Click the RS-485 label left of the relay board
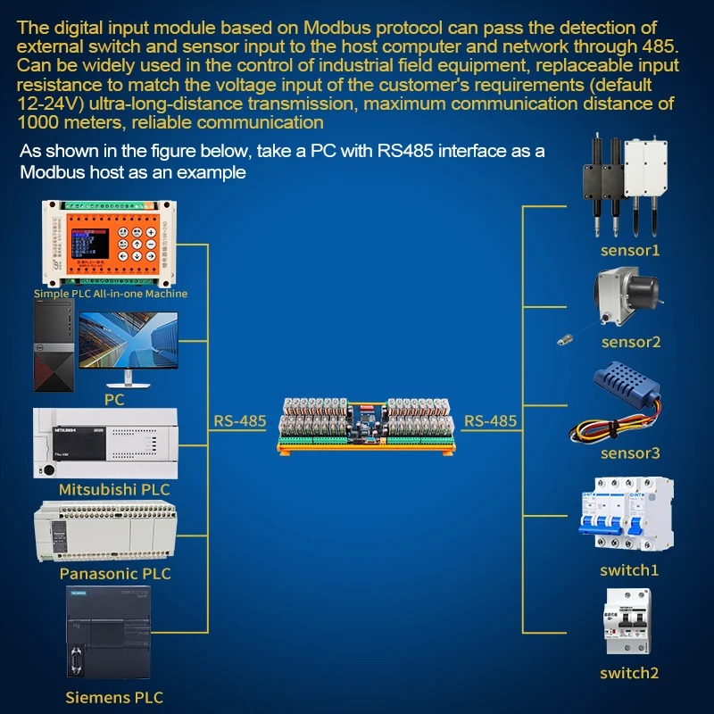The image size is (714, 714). click(240, 420)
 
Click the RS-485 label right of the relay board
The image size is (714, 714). click(491, 420)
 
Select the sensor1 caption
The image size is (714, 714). click(630, 250)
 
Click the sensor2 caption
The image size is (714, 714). click(630, 342)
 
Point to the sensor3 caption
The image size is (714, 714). click(630, 453)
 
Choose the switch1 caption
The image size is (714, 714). click(629, 569)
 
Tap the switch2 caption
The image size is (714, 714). click(629, 673)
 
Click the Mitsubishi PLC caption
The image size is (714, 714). click(114, 489)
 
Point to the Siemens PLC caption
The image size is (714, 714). click(114, 697)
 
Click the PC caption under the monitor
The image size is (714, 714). click(114, 400)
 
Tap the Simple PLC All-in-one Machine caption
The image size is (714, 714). click(111, 293)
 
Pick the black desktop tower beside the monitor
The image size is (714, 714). click(54, 347)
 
